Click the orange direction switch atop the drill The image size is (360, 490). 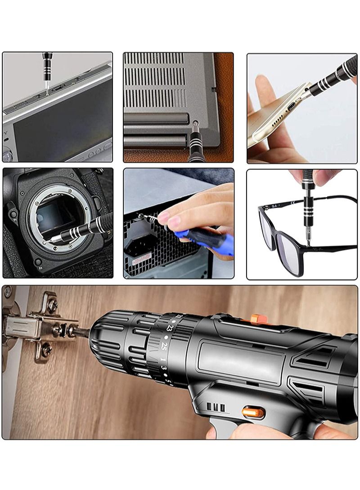259,320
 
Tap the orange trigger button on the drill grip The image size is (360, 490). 253,412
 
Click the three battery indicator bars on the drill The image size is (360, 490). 216,407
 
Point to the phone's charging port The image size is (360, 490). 292,107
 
